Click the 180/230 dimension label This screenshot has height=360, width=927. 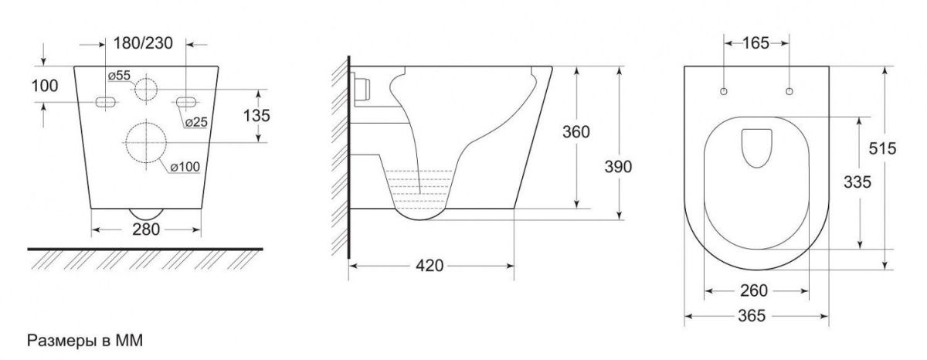tap(143, 43)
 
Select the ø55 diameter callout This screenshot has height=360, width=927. tap(119, 75)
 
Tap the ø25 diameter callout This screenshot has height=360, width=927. tap(196, 121)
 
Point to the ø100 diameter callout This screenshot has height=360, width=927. tap(185, 167)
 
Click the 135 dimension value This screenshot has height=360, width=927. tap(256, 115)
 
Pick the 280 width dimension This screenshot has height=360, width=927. tap(146, 229)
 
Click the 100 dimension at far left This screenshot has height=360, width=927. tap(45, 86)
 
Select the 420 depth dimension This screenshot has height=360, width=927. tap(430, 266)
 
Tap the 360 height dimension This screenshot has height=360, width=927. tap(576, 132)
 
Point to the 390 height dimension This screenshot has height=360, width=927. tap(618, 167)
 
